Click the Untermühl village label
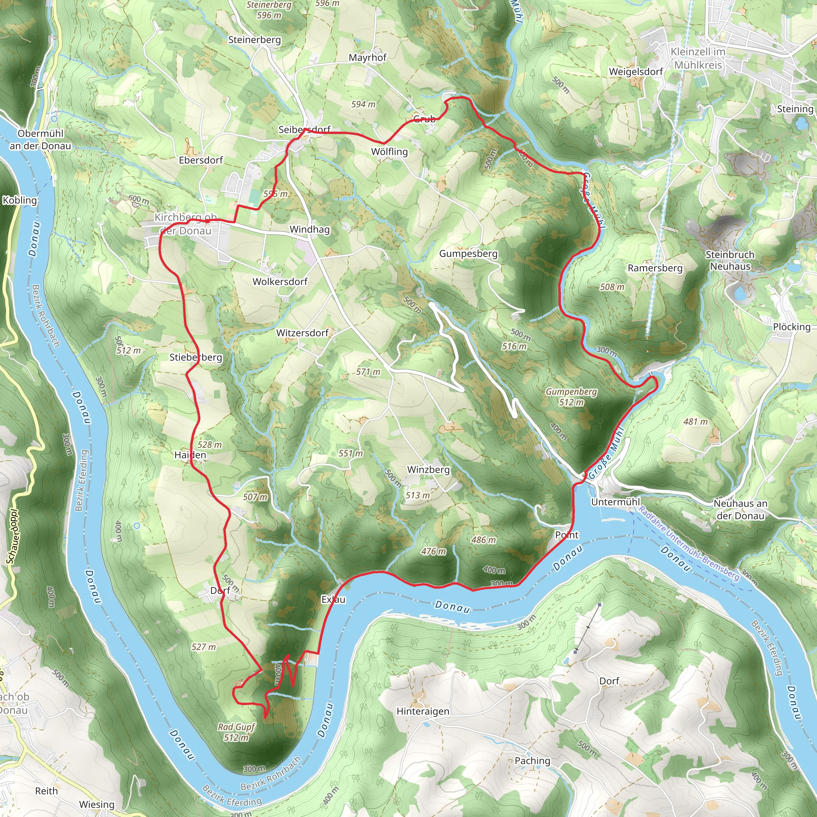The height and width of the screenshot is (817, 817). click(615, 502)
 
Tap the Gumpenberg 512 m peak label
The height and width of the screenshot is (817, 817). click(571, 397)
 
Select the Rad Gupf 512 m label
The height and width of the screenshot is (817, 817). click(237, 732)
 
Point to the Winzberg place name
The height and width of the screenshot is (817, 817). click(428, 470)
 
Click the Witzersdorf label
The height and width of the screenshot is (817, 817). click(302, 333)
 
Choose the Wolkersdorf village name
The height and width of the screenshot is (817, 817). click(280, 282)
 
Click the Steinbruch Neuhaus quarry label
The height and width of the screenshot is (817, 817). click(730, 260)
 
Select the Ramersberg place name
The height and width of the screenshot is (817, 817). click(655, 268)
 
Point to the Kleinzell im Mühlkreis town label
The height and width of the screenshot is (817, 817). click(698, 58)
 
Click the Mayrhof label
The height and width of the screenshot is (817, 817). click(367, 57)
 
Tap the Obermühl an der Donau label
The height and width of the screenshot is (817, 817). click(41, 140)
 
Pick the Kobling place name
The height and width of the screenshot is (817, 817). click(20, 200)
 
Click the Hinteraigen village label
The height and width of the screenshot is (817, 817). click(423, 711)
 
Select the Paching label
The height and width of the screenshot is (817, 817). click(533, 760)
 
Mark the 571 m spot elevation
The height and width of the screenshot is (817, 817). click(368, 372)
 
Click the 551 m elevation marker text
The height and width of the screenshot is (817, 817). click(351, 453)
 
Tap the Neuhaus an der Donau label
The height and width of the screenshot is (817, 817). click(740, 509)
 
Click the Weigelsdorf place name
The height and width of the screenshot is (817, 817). click(635, 72)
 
